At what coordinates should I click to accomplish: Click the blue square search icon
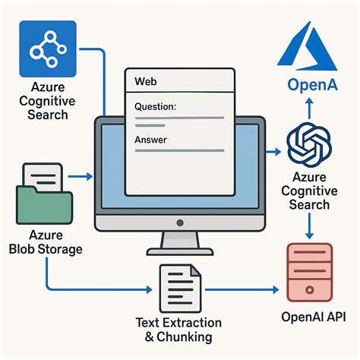click(49, 49)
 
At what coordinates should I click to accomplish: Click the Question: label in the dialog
click(155, 108)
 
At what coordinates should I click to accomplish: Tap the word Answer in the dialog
click(150, 140)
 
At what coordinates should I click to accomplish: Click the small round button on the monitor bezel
click(180, 223)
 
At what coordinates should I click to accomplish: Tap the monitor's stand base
click(180, 251)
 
